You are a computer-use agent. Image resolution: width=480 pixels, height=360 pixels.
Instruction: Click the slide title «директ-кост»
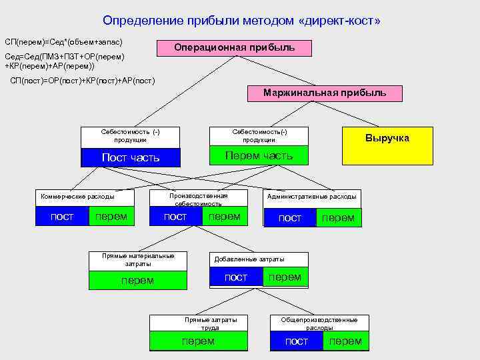(241, 21)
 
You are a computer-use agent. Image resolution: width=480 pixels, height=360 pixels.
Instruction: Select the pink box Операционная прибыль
(234, 48)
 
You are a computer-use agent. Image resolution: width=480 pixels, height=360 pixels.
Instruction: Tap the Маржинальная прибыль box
(325, 93)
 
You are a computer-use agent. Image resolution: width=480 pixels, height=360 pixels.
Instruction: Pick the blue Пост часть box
(130, 157)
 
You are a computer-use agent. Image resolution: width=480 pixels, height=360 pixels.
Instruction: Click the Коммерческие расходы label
(77, 197)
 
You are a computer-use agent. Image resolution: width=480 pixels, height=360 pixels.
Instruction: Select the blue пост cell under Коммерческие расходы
(62, 217)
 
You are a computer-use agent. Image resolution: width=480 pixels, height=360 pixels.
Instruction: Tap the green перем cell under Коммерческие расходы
(111, 217)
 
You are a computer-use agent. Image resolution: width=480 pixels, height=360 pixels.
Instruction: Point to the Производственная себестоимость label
(198, 199)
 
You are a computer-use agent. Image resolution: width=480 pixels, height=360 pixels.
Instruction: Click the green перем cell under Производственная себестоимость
(224, 217)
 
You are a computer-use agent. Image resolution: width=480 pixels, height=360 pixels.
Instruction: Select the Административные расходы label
(312, 197)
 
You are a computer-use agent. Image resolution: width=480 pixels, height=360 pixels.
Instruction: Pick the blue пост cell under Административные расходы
(290, 218)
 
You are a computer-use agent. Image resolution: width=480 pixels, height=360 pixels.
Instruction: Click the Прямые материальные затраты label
(138, 260)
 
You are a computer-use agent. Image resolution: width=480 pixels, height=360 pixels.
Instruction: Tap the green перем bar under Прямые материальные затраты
(138, 281)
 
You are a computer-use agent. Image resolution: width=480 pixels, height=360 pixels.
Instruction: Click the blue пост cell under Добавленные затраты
(236, 277)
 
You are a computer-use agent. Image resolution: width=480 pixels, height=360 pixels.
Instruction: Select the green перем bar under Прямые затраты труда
(199, 341)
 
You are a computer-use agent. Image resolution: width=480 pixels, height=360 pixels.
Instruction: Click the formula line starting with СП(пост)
(83, 81)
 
